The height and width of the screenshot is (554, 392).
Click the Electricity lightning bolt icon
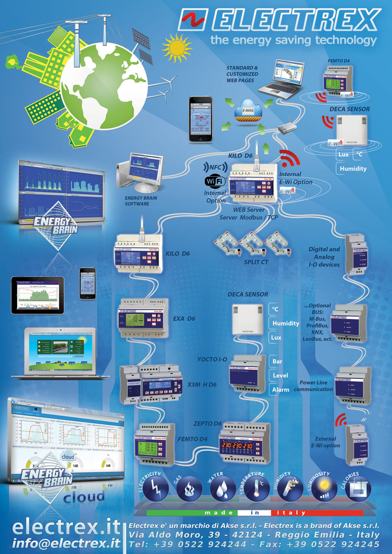point(155,489)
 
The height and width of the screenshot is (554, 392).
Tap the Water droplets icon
point(223,490)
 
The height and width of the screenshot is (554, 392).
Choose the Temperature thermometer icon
point(257,489)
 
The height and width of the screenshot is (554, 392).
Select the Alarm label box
point(280,390)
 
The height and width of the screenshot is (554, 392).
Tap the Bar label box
point(277,361)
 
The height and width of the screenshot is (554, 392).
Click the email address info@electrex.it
point(66,543)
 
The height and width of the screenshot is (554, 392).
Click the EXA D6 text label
point(184,318)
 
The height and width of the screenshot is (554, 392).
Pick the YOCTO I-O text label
point(212,359)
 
